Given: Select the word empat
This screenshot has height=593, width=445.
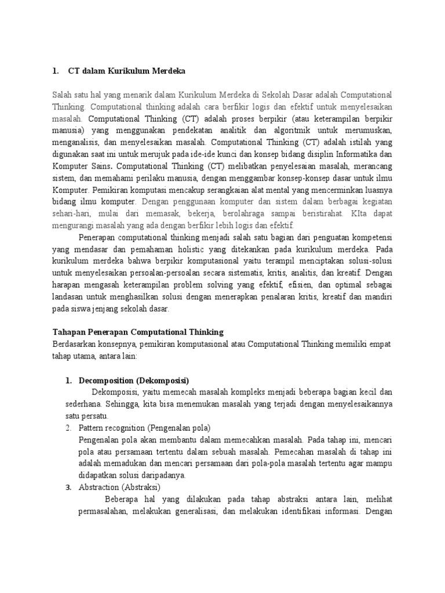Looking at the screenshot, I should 378,344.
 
